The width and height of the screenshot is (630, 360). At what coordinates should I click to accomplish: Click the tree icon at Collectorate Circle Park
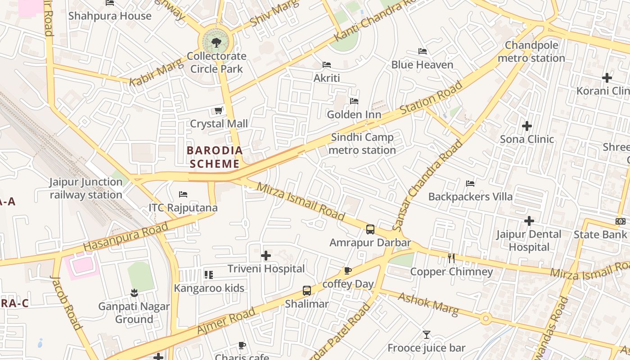click(216, 43)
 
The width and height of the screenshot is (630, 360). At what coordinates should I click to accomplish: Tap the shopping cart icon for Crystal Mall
click(218, 110)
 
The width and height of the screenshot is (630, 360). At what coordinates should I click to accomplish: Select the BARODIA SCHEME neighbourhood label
click(215, 157)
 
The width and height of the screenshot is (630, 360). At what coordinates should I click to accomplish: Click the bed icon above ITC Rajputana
click(183, 194)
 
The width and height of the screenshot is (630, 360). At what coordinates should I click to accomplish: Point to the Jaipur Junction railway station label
click(86, 189)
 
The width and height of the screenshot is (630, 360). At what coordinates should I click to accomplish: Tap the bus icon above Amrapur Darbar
click(370, 229)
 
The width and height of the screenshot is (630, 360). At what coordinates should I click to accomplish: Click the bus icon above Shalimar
click(306, 290)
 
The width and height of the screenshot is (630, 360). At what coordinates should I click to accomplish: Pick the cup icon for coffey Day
click(347, 270)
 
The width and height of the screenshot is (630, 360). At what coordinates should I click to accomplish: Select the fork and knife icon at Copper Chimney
click(451, 258)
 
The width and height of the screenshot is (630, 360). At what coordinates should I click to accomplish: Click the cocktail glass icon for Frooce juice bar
click(426, 335)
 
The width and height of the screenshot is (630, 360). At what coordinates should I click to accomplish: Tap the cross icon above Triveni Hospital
click(266, 256)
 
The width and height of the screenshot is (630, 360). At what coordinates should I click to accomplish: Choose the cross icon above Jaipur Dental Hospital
click(529, 221)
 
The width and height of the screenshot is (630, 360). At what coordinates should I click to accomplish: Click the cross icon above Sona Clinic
click(527, 126)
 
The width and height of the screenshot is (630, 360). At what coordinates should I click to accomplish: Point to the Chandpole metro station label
click(531, 52)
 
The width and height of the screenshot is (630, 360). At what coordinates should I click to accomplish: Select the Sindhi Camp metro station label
click(362, 144)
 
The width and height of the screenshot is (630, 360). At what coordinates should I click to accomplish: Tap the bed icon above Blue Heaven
click(422, 51)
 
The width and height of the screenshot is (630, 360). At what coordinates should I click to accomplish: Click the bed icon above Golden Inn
click(354, 101)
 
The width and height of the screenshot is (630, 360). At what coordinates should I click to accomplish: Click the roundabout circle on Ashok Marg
click(485, 319)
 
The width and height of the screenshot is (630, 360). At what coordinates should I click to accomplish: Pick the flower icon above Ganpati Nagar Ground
click(134, 293)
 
